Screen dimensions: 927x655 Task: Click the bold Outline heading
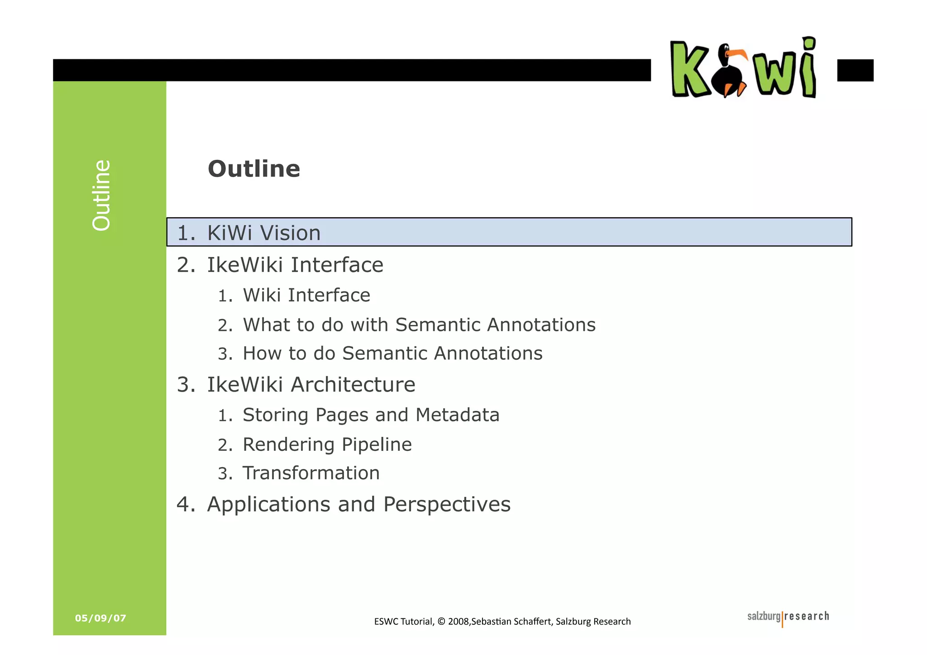253,169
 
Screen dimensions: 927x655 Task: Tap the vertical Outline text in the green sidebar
101,195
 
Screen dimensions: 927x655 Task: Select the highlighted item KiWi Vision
263,233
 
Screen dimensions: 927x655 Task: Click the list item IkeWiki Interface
295,265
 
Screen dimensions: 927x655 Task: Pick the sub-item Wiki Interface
306,295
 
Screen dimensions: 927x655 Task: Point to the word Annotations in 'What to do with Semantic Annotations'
541,325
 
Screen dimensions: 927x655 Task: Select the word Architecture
353,384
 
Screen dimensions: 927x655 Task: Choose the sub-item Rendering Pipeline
327,445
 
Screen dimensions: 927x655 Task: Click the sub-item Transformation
311,473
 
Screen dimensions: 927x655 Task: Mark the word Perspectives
447,504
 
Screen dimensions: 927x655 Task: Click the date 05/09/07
100,618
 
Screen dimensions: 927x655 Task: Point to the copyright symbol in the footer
442,622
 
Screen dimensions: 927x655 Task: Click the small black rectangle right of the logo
855,70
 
